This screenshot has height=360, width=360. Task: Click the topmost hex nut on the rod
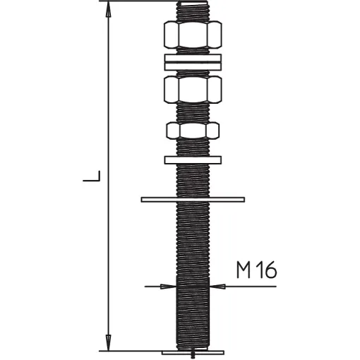tap(193, 35)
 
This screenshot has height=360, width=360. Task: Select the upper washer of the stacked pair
tap(193, 58)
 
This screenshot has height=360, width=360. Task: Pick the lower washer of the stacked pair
tap(193, 66)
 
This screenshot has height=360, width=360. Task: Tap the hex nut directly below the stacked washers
tap(193, 90)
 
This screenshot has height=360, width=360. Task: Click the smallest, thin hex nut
tap(193, 130)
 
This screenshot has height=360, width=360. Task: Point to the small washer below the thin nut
tap(193, 160)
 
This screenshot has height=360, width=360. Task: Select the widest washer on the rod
tap(193, 200)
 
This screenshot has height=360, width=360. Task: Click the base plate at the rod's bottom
tap(193, 352)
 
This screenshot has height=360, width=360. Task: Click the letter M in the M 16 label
tap(244, 270)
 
